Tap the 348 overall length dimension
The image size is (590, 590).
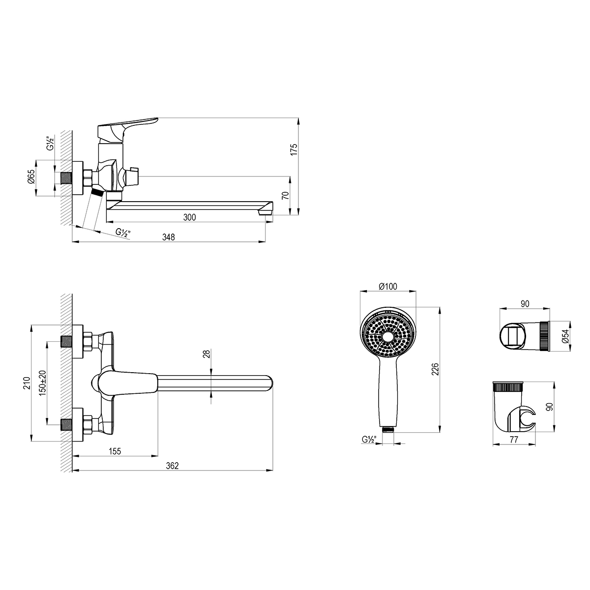point(169,237)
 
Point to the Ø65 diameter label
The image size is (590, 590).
point(30,177)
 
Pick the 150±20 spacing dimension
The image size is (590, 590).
point(42,383)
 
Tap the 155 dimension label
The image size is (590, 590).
point(115,451)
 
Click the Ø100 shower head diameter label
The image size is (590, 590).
point(388,287)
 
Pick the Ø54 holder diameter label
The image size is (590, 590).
point(566,336)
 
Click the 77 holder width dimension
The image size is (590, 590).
point(514,440)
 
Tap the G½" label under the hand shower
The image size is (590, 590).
point(369,440)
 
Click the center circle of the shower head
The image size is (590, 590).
point(388,336)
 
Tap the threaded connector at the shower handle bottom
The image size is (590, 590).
point(388,429)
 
